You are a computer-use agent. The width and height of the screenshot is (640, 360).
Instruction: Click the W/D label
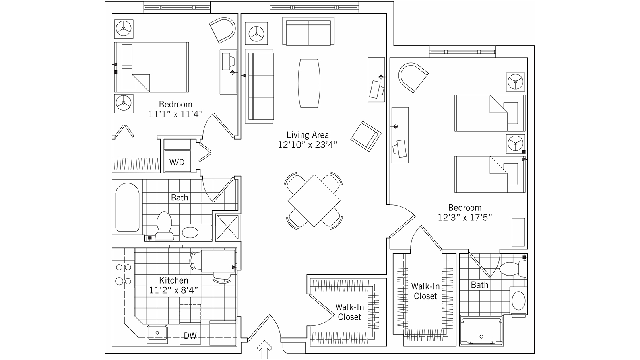click(x=176, y=162)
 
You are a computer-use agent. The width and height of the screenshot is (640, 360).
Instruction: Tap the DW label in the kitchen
click(x=190, y=335)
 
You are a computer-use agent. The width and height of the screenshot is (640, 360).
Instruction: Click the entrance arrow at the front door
click(x=264, y=349)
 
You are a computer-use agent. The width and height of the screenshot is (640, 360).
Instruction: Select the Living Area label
click(x=308, y=135)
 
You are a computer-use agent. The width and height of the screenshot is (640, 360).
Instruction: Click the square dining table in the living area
click(x=314, y=201)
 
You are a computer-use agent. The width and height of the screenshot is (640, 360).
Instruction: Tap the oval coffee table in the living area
click(x=309, y=83)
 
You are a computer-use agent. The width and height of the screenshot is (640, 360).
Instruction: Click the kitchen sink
click(x=157, y=334)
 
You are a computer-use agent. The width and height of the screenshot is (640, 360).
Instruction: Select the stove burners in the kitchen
click(x=123, y=274)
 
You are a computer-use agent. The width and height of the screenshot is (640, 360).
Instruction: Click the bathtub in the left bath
click(x=128, y=207)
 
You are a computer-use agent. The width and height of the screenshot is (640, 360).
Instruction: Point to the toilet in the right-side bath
click(x=513, y=269)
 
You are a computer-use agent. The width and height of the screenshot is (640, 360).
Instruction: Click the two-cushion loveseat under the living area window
click(x=308, y=31)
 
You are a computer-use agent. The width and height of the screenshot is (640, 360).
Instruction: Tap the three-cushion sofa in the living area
click(x=260, y=86)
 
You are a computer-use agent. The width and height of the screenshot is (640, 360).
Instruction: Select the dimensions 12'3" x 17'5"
click(x=465, y=218)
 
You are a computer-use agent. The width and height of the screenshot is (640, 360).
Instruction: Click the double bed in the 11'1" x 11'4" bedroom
click(x=152, y=67)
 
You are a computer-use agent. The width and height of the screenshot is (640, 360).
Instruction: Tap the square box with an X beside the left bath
click(x=227, y=227)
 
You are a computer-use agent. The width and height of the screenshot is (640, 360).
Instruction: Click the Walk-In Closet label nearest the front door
click(x=349, y=312)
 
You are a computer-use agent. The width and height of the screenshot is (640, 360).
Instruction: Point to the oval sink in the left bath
click(x=190, y=232)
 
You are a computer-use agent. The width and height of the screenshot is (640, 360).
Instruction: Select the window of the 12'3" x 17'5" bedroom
click(x=462, y=52)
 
